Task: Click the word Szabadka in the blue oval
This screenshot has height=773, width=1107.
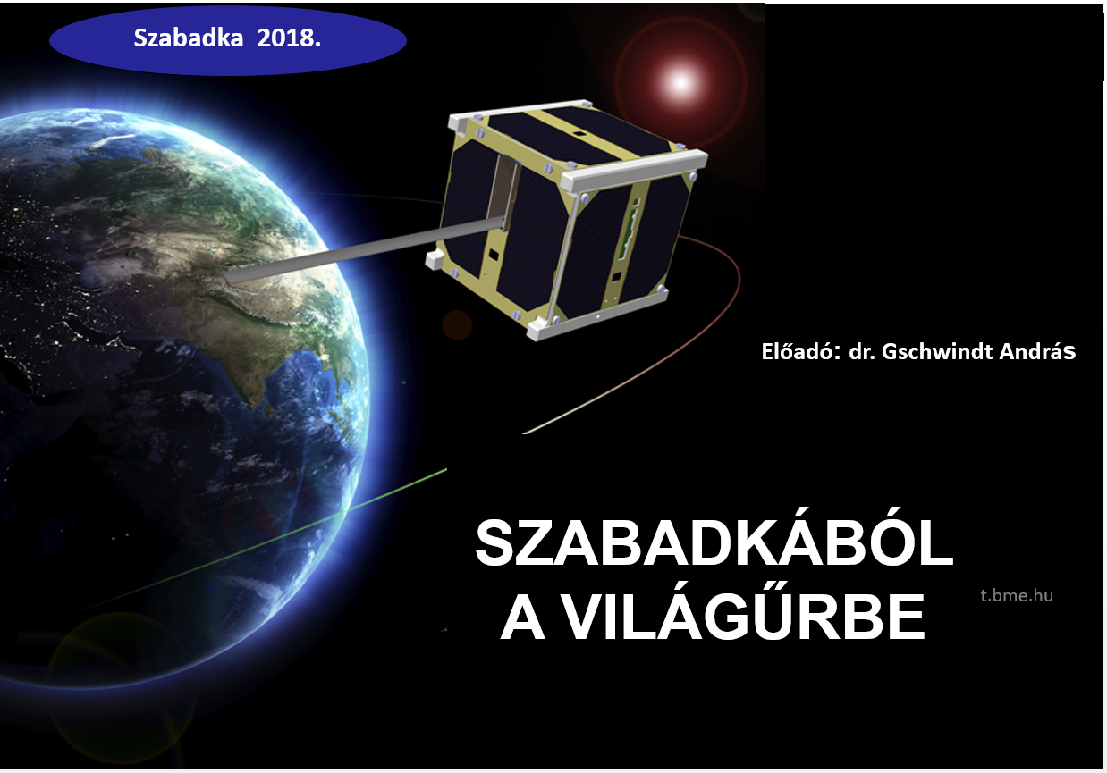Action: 189,38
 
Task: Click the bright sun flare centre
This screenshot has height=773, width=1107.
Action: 681,82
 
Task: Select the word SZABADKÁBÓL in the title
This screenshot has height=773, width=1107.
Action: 714,542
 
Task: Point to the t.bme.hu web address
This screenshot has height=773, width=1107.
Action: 1017,595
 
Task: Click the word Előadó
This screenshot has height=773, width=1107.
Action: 800,352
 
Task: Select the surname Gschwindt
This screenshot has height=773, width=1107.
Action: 937,352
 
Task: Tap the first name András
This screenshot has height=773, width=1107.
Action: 1037,352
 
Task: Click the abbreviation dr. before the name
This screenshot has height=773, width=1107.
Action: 862,352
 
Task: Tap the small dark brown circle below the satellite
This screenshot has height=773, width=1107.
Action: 457,325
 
